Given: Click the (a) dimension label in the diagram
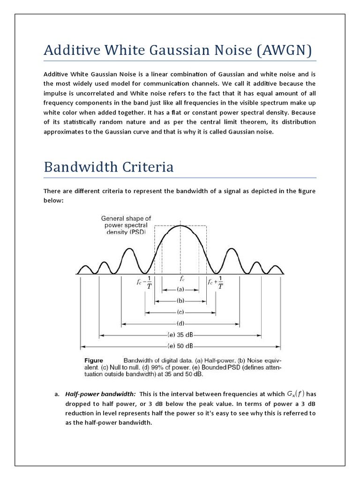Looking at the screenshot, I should (180, 290).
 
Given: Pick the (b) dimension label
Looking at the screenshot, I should (180, 301).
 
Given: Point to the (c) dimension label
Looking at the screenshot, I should (180, 312).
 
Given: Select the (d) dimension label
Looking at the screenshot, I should (180, 323).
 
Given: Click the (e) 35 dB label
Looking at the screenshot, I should (180, 335).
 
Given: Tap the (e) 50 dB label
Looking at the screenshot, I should (180, 346).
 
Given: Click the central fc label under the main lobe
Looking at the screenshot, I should (182, 278).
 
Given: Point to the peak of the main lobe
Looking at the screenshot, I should (180, 226).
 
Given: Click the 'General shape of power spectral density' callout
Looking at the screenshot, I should (126, 225).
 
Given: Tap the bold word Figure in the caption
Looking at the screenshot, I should (93, 360).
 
